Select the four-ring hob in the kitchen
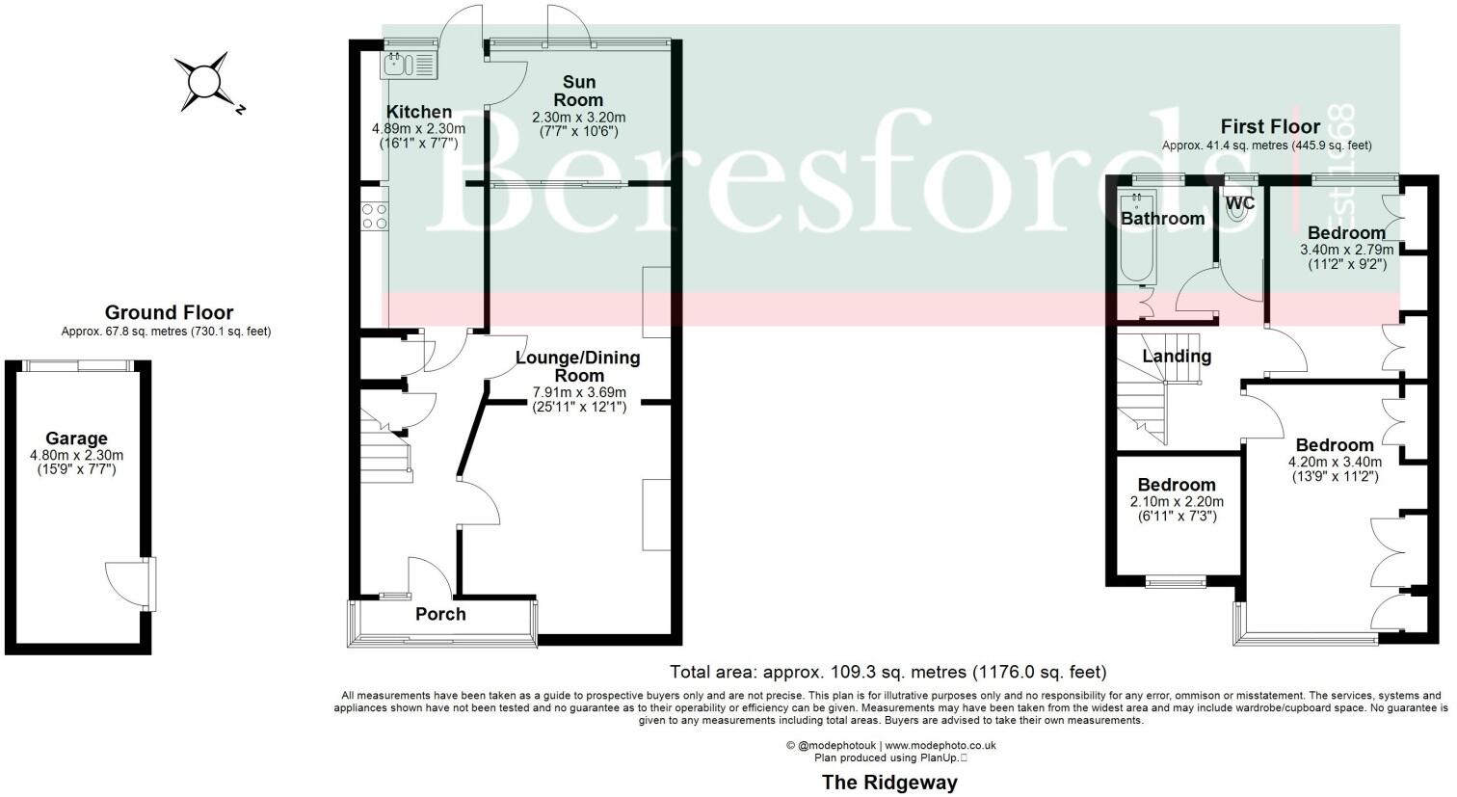tap(374, 215)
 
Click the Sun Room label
tap(579, 91)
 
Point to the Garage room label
tap(76, 438)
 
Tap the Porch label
tap(440, 614)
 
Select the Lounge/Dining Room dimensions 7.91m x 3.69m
tap(579, 392)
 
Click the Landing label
tap(1177, 356)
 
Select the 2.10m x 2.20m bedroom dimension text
tap(1177, 502)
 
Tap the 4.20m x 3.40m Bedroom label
tap(1334, 445)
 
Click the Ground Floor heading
tap(169, 312)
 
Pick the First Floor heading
tap(1269, 126)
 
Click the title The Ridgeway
tap(888, 782)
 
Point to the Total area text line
tap(887, 672)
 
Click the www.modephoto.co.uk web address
tap(940, 745)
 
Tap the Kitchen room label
tap(419, 112)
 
